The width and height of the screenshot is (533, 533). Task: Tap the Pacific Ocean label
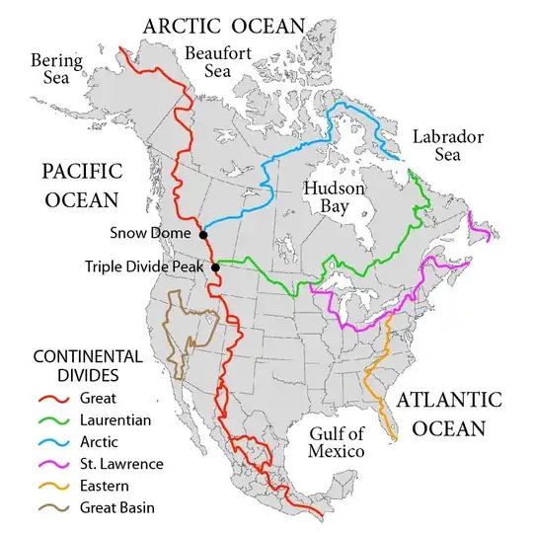[x=81, y=185]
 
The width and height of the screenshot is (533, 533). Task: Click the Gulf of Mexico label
[x=333, y=441]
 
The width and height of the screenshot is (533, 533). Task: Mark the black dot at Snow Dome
[x=203, y=235]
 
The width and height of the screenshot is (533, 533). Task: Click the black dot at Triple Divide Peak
[x=216, y=265]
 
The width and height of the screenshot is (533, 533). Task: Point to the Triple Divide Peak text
[x=147, y=266]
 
